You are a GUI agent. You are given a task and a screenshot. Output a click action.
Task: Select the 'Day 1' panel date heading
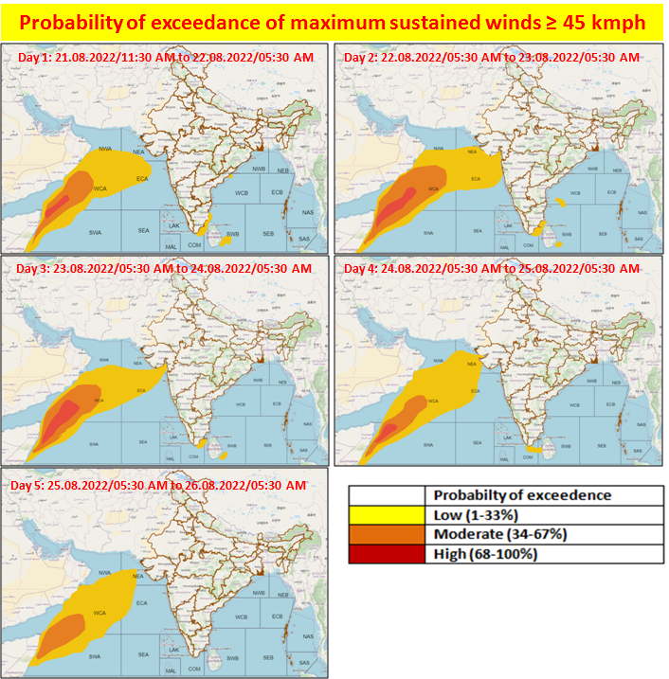[x=167, y=58]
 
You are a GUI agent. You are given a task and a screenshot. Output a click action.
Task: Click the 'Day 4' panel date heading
[x=493, y=269]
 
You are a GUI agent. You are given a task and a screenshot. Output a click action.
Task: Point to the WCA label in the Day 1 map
[x=99, y=189]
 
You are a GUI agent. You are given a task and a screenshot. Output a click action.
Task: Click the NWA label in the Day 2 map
[x=437, y=150]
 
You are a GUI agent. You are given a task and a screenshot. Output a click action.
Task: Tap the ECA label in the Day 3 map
[x=142, y=390]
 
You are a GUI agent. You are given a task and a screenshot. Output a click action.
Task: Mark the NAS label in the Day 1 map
[x=304, y=213]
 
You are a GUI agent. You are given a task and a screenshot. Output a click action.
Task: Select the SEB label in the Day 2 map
[x=603, y=233]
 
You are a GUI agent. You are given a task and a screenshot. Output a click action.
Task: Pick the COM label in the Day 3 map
[x=193, y=456]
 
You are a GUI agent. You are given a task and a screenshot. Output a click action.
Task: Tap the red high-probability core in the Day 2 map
[x=395, y=203]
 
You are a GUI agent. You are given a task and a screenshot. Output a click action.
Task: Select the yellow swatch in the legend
[x=386, y=514]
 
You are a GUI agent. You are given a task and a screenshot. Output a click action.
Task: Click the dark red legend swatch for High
[x=386, y=554]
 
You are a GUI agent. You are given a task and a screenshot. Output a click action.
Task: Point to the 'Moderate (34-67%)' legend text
[x=500, y=534]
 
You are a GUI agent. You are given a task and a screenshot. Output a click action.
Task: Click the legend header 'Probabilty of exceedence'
[x=522, y=494]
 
